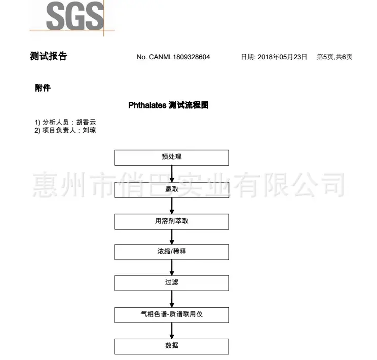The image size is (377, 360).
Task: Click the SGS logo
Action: coord(75,16)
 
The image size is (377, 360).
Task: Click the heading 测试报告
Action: coord(48,56)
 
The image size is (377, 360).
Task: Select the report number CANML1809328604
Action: coord(179,57)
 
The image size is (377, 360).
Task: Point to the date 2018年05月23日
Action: coord(282,57)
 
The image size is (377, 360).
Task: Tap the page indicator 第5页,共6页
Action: coord(334,57)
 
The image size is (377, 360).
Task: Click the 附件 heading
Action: coord(43,88)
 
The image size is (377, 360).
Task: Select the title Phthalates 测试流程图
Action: coord(168,105)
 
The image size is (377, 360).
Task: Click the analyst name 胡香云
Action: coord(86,122)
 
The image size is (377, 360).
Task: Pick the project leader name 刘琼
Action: coord(90,130)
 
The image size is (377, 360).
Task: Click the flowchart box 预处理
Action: coord(172,157)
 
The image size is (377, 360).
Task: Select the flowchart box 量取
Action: coord(172,190)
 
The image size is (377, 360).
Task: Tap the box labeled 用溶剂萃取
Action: coord(172,222)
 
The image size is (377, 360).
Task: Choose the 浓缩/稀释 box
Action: coord(172,252)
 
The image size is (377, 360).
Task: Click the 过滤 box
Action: coord(172,283)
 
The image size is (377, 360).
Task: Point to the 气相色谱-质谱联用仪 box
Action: coord(172,315)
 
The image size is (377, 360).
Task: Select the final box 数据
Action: coord(172,346)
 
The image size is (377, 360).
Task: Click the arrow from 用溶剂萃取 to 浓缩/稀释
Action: coord(172,237)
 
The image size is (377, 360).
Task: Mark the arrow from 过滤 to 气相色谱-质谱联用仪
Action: coord(172,299)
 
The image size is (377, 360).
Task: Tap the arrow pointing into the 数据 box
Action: coord(172,331)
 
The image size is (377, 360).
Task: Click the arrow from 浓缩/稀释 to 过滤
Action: coord(172,267)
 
